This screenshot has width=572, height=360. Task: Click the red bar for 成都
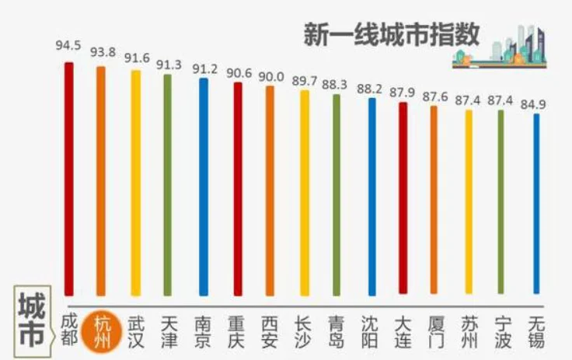pyautogui.click(x=68, y=179)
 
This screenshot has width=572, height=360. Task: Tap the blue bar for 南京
pyautogui.click(x=204, y=187)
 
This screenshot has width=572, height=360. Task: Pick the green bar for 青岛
pyautogui.click(x=337, y=194)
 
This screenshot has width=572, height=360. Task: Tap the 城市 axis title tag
pyautogui.click(x=30, y=318)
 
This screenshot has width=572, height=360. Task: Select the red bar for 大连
pyautogui.click(x=403, y=198)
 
